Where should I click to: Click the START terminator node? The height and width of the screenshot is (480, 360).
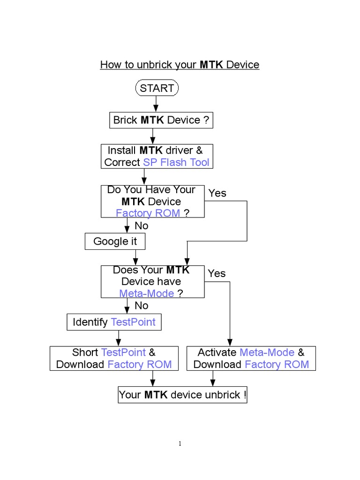[x=157, y=88]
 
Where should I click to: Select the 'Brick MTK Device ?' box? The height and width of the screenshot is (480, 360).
[x=161, y=120]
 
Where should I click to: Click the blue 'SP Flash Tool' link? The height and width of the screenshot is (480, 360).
[x=176, y=163]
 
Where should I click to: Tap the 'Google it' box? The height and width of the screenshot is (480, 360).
[x=115, y=241]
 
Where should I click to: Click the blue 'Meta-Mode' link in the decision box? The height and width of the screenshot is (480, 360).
[x=147, y=293]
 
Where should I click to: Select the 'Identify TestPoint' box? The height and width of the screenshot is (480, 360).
[x=114, y=322]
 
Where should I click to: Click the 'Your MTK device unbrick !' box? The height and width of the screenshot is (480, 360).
[x=182, y=395]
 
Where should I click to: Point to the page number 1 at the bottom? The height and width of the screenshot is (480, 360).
[x=180, y=444]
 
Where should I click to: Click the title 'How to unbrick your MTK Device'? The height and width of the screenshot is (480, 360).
[x=180, y=65]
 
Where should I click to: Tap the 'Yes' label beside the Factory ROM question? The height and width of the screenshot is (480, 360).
[x=217, y=193]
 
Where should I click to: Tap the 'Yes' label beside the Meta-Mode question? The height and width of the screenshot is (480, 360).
[x=217, y=273]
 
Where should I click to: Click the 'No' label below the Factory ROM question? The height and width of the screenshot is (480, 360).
[x=141, y=226]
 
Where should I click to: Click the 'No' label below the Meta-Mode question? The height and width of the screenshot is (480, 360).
[x=141, y=306]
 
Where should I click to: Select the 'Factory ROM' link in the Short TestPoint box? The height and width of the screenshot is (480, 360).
[x=140, y=365]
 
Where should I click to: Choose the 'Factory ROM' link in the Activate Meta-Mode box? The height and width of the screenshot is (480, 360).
[x=277, y=365]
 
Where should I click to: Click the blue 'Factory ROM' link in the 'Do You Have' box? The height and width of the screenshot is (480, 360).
[x=148, y=213]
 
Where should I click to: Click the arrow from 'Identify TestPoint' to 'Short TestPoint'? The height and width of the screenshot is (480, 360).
[x=118, y=338]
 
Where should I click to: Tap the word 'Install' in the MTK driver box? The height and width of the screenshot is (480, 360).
[x=122, y=150]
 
